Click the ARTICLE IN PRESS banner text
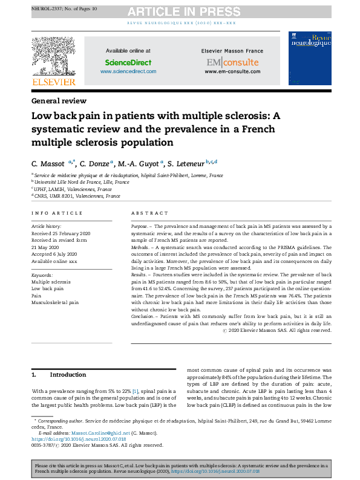180,11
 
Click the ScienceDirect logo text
128,62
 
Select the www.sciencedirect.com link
128,71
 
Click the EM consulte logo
232,62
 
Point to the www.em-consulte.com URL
232,71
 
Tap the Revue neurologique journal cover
310,59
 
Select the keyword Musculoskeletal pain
55,302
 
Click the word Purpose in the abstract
140,225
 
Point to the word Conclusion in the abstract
144,317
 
